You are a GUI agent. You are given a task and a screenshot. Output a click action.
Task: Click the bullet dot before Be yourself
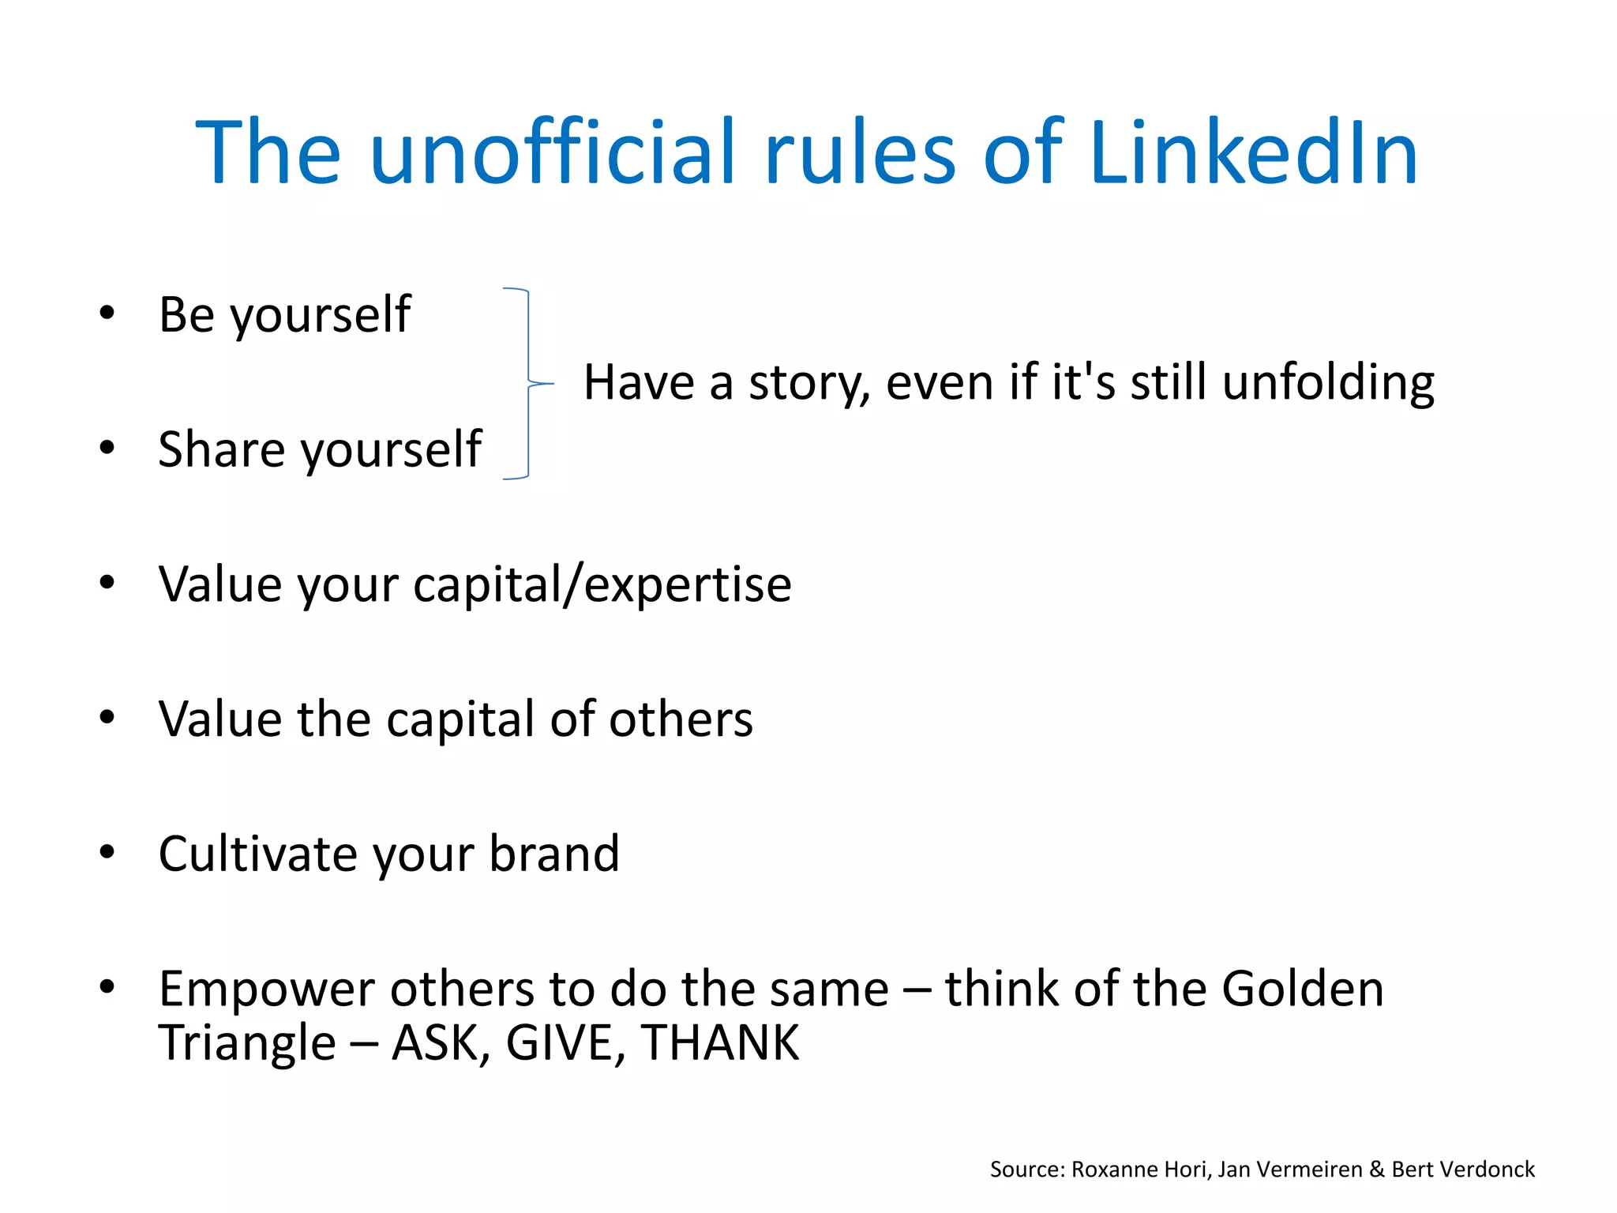pyautogui.click(x=107, y=314)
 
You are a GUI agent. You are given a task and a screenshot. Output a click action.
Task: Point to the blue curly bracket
pyautogui.click(x=527, y=384)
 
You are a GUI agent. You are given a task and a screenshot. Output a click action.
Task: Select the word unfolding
pyautogui.click(x=1328, y=384)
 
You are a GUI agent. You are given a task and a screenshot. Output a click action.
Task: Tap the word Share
pyautogui.click(x=219, y=449)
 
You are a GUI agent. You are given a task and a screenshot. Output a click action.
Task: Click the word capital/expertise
pyautogui.click(x=602, y=585)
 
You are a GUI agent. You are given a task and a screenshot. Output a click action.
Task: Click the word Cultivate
pyautogui.click(x=257, y=854)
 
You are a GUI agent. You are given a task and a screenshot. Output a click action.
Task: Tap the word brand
pyautogui.click(x=554, y=854)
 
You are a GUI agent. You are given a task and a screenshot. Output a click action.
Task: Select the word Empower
pyautogui.click(x=267, y=990)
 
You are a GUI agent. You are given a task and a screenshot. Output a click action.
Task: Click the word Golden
pyautogui.click(x=1303, y=988)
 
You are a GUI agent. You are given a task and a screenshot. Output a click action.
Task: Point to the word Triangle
pyautogui.click(x=247, y=1042)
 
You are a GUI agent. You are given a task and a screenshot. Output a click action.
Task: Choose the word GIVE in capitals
pyautogui.click(x=559, y=1042)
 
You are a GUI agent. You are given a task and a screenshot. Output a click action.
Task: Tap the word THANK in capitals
pyautogui.click(x=720, y=1042)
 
